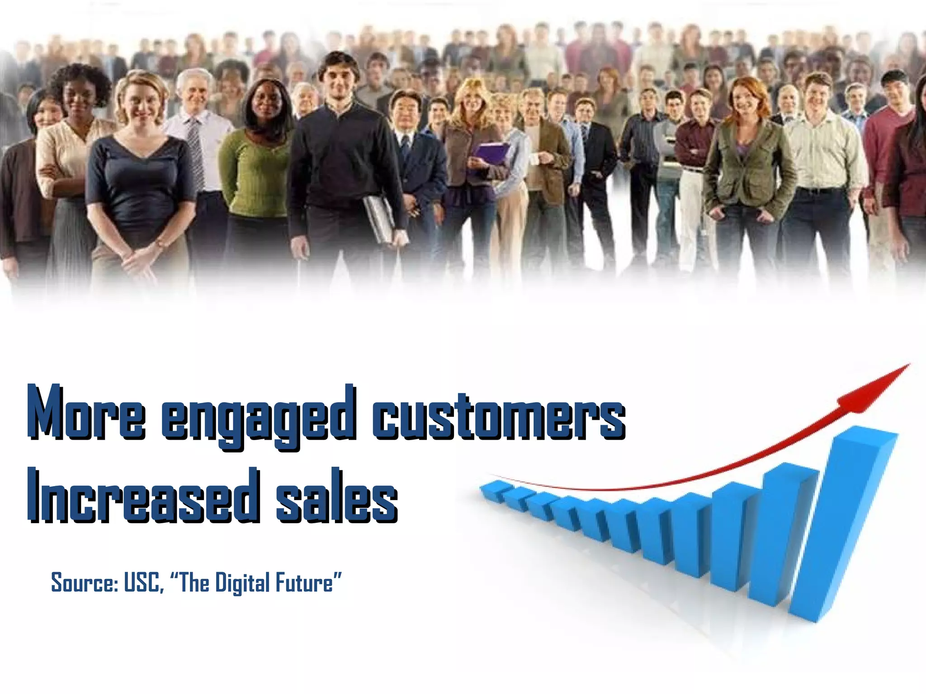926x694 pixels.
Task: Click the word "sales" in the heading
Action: click(x=336, y=497)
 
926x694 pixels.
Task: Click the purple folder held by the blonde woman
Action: click(x=491, y=154)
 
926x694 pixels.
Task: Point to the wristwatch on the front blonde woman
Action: click(x=160, y=244)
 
